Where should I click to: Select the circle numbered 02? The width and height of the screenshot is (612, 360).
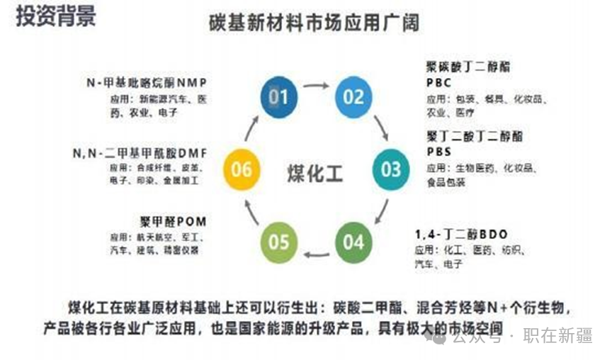(x=353, y=96)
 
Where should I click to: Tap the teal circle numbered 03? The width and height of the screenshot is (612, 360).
(x=391, y=169)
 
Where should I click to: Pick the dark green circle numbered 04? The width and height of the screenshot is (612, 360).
(x=353, y=242)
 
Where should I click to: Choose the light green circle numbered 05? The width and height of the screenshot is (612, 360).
(x=279, y=242)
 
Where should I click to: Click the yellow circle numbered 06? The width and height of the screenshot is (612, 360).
(x=242, y=169)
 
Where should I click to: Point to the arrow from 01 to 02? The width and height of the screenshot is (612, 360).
(x=316, y=86)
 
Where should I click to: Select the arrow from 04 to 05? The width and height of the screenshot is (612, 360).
(x=316, y=254)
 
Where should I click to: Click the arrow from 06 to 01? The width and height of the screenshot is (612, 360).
(x=251, y=128)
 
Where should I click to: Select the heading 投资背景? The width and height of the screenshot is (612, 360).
(x=56, y=17)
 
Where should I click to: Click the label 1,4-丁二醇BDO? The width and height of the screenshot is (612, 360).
(x=461, y=233)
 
